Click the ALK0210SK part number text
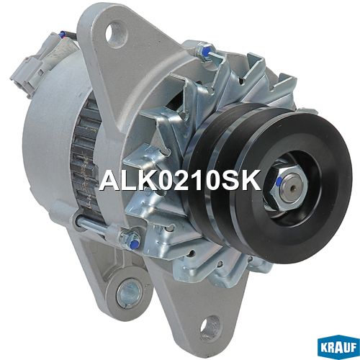pyautogui.click(x=180, y=180)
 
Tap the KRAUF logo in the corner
pyautogui.click(x=338, y=347)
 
